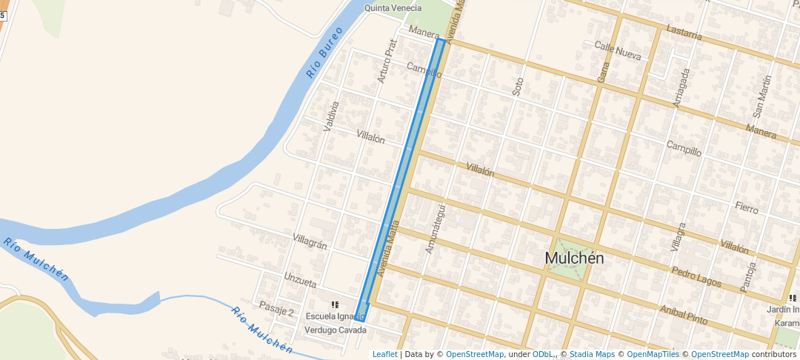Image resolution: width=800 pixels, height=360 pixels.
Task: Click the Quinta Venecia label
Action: point(393,8)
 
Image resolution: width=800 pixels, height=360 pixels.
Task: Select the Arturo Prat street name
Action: point(387,61)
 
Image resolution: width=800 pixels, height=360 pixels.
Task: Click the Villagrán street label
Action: point(310,241)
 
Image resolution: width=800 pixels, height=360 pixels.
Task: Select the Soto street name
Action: point(518,86)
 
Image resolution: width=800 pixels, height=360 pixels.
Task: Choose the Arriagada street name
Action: point(681,89)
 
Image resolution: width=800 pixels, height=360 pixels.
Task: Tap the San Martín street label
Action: point(761,96)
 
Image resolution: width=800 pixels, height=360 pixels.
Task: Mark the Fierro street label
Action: point(747,208)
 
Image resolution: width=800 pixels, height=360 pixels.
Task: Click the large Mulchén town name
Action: point(574,258)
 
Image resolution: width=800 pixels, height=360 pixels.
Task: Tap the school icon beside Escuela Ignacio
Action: point(336,304)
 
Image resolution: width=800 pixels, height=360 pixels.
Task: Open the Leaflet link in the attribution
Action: point(384,354)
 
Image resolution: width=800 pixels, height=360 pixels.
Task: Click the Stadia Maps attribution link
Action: point(592,354)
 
